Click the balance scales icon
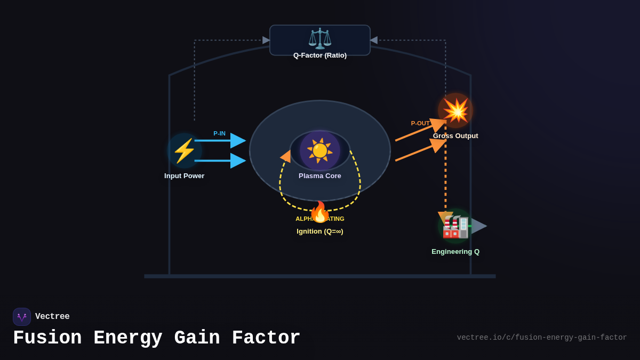click(x=320, y=38)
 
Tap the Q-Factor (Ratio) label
click(x=320, y=55)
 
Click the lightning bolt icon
click(x=185, y=151)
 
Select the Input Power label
click(x=185, y=176)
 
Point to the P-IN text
click(x=219, y=133)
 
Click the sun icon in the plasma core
click(x=320, y=150)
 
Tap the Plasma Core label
click(x=320, y=176)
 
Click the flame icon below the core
click(x=319, y=212)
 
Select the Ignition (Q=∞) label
click(x=320, y=231)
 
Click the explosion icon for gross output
click(x=455, y=110)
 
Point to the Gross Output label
click(x=455, y=136)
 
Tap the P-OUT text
click(x=420, y=123)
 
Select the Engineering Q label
click(x=455, y=252)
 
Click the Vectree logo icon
click(x=22, y=317)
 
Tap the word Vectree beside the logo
click(x=52, y=317)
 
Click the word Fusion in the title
click(x=47, y=338)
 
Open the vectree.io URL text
click(x=542, y=338)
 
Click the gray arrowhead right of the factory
click(x=479, y=226)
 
